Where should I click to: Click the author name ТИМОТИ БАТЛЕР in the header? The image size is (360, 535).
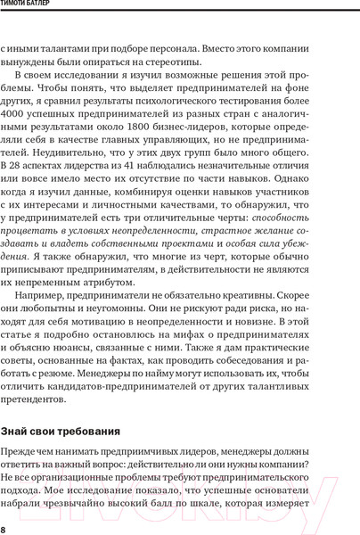coord(35,9)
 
